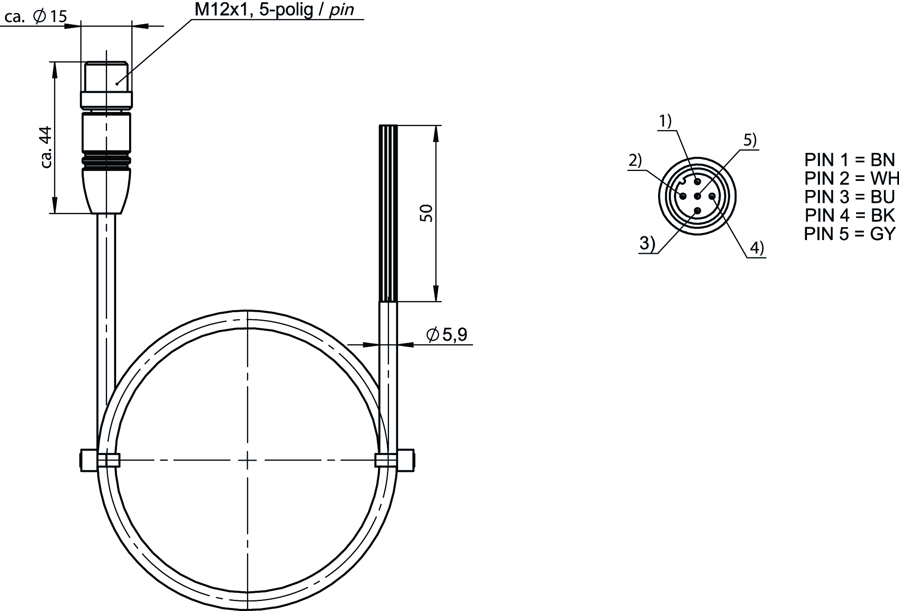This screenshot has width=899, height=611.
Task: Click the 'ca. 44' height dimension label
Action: coord(46,147)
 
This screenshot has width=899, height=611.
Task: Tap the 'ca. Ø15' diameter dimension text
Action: coord(35,17)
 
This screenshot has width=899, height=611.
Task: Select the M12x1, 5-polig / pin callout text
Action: coord(274,9)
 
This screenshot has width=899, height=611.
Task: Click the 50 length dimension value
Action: coord(427,213)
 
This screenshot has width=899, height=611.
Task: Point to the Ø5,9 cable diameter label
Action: coord(446,335)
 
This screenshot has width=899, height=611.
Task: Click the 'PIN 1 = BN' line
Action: coord(849,160)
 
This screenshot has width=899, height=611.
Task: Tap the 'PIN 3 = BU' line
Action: coord(849,196)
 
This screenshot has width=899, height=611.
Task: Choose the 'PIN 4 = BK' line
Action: coord(849,215)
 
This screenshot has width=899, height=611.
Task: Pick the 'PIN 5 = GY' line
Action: coord(849,234)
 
